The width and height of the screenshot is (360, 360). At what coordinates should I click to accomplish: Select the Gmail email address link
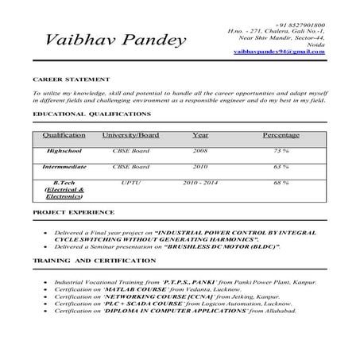pos(280,51)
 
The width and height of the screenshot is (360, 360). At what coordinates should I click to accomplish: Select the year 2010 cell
pos(199,167)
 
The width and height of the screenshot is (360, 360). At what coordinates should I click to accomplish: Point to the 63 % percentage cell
pos(281,167)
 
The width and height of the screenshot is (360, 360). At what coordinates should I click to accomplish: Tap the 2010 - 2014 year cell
pos(199,183)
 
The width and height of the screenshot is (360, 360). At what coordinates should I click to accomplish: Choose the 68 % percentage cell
pos(281,183)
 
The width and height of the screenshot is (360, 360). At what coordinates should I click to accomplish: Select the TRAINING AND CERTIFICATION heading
pos(83,260)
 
